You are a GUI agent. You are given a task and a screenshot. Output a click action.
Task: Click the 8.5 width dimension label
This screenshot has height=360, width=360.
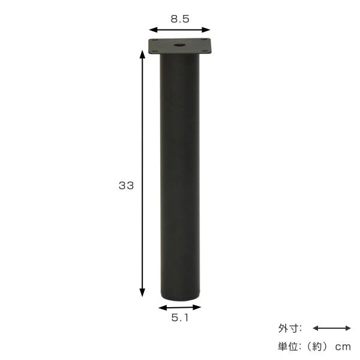pos(180,19)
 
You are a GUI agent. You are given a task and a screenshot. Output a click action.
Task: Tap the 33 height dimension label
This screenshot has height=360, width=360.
pos(126,185)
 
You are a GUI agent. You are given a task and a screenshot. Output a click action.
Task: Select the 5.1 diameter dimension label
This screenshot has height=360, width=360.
pos(180,318)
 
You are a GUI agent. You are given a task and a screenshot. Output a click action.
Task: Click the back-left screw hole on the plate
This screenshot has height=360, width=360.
pos(154,40)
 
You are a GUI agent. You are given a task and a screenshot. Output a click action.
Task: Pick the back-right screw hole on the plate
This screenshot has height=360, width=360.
pos(203,40)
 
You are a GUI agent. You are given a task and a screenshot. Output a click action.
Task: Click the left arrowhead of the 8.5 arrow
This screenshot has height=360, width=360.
pos(152,30)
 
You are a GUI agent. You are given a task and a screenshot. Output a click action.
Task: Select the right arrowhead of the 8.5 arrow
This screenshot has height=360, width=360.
pos(206,30)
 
